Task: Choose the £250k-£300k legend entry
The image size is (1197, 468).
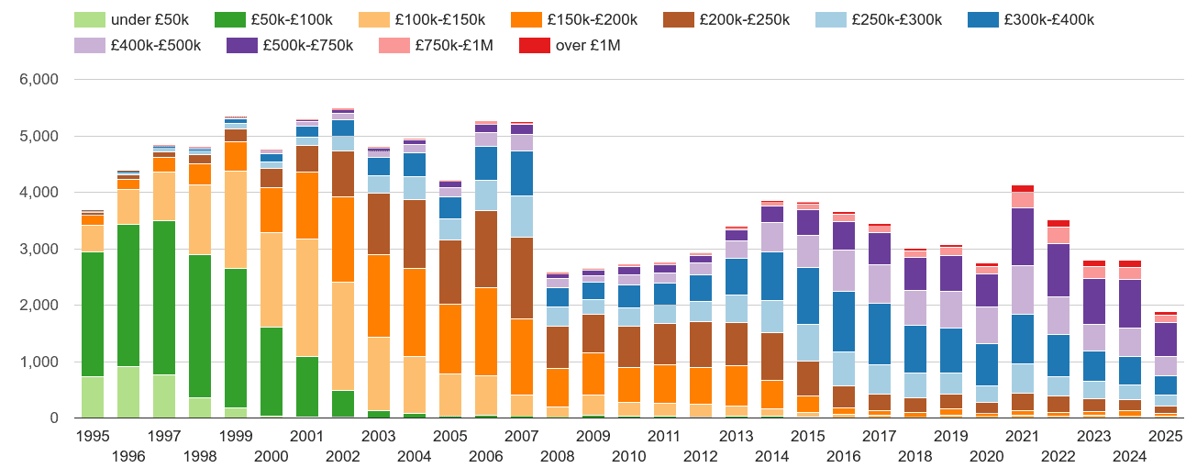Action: click(874, 19)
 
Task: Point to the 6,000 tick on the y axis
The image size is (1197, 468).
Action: click(39, 80)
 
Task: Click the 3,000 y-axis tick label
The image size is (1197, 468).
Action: click(39, 250)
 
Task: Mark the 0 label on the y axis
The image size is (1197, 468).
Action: click(53, 418)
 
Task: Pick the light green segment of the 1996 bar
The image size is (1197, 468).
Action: click(128, 392)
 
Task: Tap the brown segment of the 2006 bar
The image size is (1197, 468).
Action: click(486, 249)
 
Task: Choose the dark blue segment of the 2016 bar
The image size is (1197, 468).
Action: click(844, 321)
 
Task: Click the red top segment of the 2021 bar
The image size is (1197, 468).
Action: click(1022, 188)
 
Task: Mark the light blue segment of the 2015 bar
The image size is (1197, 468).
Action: click(808, 342)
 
